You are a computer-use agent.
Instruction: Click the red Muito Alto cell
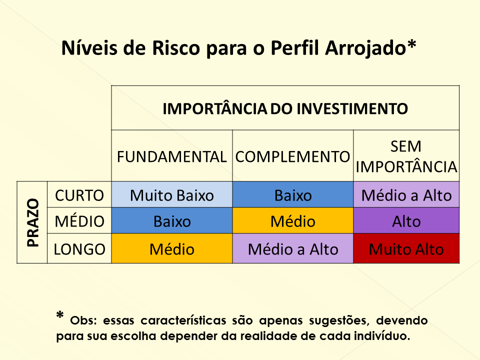pos(406,248)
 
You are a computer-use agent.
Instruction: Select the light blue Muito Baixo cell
pos(171,194)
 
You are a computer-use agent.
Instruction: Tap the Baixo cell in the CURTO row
pos(293,194)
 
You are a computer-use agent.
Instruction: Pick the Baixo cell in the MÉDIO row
pos(171,220)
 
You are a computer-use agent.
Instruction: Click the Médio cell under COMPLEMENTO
pos(293,220)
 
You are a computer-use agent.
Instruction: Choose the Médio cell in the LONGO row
pos(171,248)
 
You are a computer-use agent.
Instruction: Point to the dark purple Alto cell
pos(406,220)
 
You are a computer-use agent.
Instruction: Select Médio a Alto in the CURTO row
pos(406,194)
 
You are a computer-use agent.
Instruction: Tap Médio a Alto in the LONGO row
pos(293,248)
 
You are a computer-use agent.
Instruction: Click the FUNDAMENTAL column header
pos(171,156)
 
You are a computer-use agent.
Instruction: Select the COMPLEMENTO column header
pos(292,156)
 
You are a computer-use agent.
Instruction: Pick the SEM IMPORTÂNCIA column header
pos(406,156)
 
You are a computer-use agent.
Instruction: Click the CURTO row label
pos(79,195)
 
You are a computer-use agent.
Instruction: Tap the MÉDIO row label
pos(79,220)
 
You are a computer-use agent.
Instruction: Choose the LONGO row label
pos(79,249)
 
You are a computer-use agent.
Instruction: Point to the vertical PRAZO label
pos(33,222)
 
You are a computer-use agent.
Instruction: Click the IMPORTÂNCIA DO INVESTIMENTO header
pos(285,108)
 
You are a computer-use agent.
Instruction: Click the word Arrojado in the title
pos(365,48)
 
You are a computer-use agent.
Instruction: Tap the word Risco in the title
pos(175,48)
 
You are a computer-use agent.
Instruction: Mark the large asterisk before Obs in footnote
pos(60,315)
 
